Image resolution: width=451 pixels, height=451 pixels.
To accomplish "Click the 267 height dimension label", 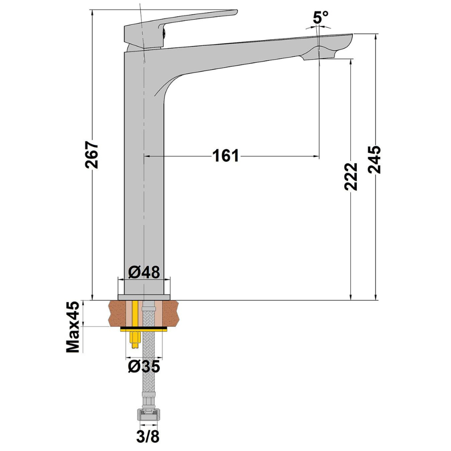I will pyautogui.click(x=92, y=156).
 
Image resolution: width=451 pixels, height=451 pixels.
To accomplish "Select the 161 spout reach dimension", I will pyautogui.click(x=225, y=156).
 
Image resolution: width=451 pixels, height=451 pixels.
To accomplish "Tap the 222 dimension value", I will pyautogui.click(x=351, y=176).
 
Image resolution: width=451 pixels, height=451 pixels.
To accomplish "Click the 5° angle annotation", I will pyautogui.click(x=320, y=18).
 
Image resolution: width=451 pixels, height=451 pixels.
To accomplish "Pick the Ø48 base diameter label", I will pyautogui.click(x=143, y=272).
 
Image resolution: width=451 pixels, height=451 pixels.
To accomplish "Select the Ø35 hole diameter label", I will pyautogui.click(x=143, y=366).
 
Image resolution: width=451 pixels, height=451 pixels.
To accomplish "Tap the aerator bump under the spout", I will pyautogui.click(x=318, y=52).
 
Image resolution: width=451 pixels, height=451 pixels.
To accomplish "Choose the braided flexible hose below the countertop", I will pyautogui.click(x=148, y=361).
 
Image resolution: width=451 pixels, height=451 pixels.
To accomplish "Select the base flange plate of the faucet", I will pyautogui.click(x=144, y=297).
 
